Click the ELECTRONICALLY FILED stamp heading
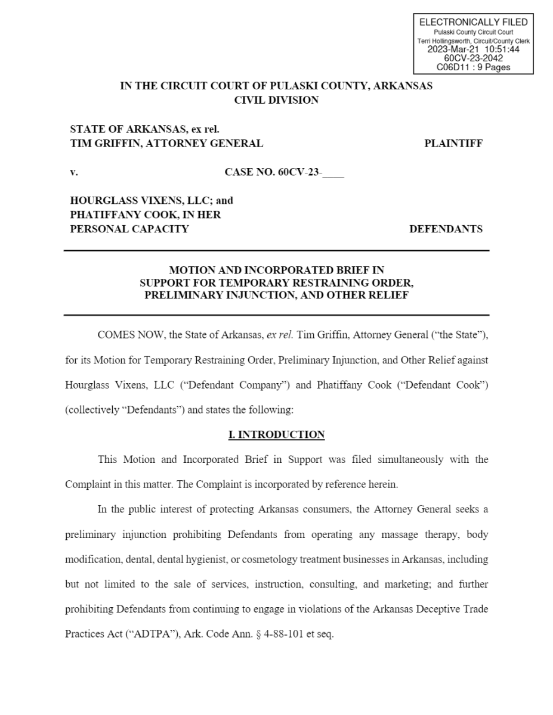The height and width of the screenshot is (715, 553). (x=473, y=22)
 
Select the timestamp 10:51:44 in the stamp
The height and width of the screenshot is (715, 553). (x=501, y=49)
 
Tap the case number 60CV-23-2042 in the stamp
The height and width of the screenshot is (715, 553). (x=473, y=58)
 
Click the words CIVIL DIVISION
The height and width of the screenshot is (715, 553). (x=276, y=100)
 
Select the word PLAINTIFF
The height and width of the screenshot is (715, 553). (x=453, y=143)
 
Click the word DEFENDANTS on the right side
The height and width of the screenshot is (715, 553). (x=446, y=229)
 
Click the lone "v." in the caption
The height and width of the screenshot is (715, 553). (x=74, y=173)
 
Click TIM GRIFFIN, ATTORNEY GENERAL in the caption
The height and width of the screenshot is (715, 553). (x=166, y=143)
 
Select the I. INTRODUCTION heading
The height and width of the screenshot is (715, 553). (x=276, y=434)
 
